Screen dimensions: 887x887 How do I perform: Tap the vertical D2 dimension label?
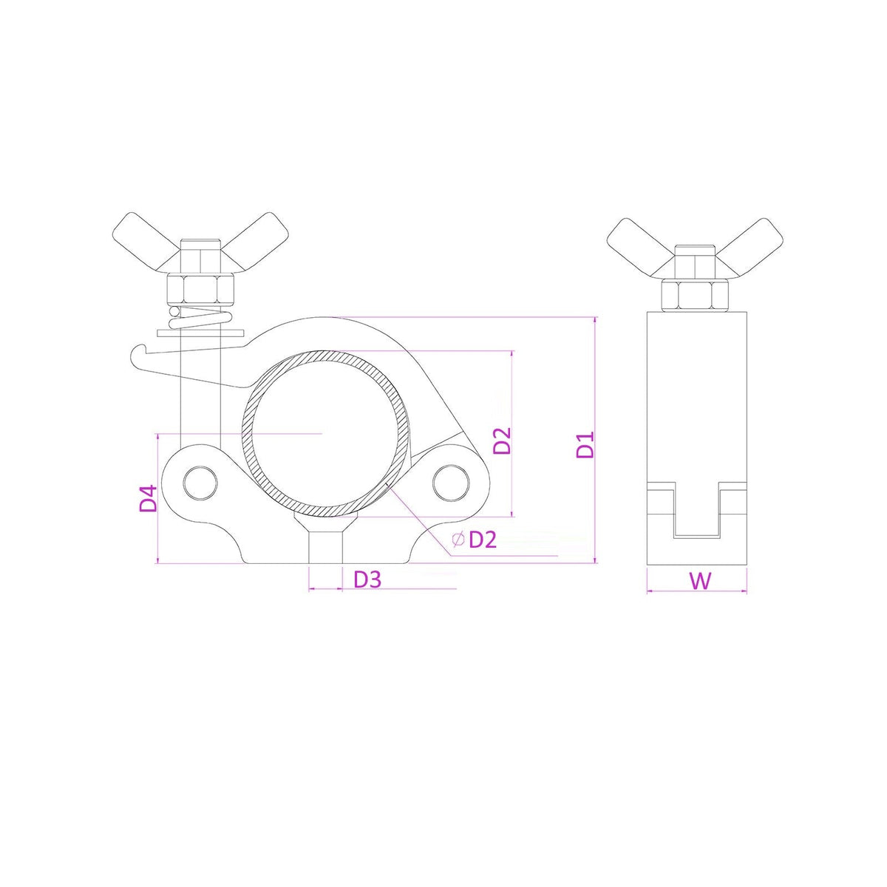click(x=503, y=441)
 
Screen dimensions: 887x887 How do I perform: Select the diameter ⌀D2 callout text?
click(x=475, y=540)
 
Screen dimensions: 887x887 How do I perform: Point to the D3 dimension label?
click(x=367, y=580)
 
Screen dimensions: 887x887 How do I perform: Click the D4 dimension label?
click(x=149, y=499)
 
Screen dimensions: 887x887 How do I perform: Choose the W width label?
click(x=700, y=581)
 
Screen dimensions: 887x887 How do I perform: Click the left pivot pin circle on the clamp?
click(x=200, y=482)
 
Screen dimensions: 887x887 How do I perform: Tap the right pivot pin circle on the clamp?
click(x=450, y=482)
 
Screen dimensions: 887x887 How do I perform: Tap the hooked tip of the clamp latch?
click(x=137, y=353)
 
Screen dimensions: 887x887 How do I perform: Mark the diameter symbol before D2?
click(x=458, y=540)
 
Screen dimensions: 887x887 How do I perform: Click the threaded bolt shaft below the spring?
click(x=201, y=399)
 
